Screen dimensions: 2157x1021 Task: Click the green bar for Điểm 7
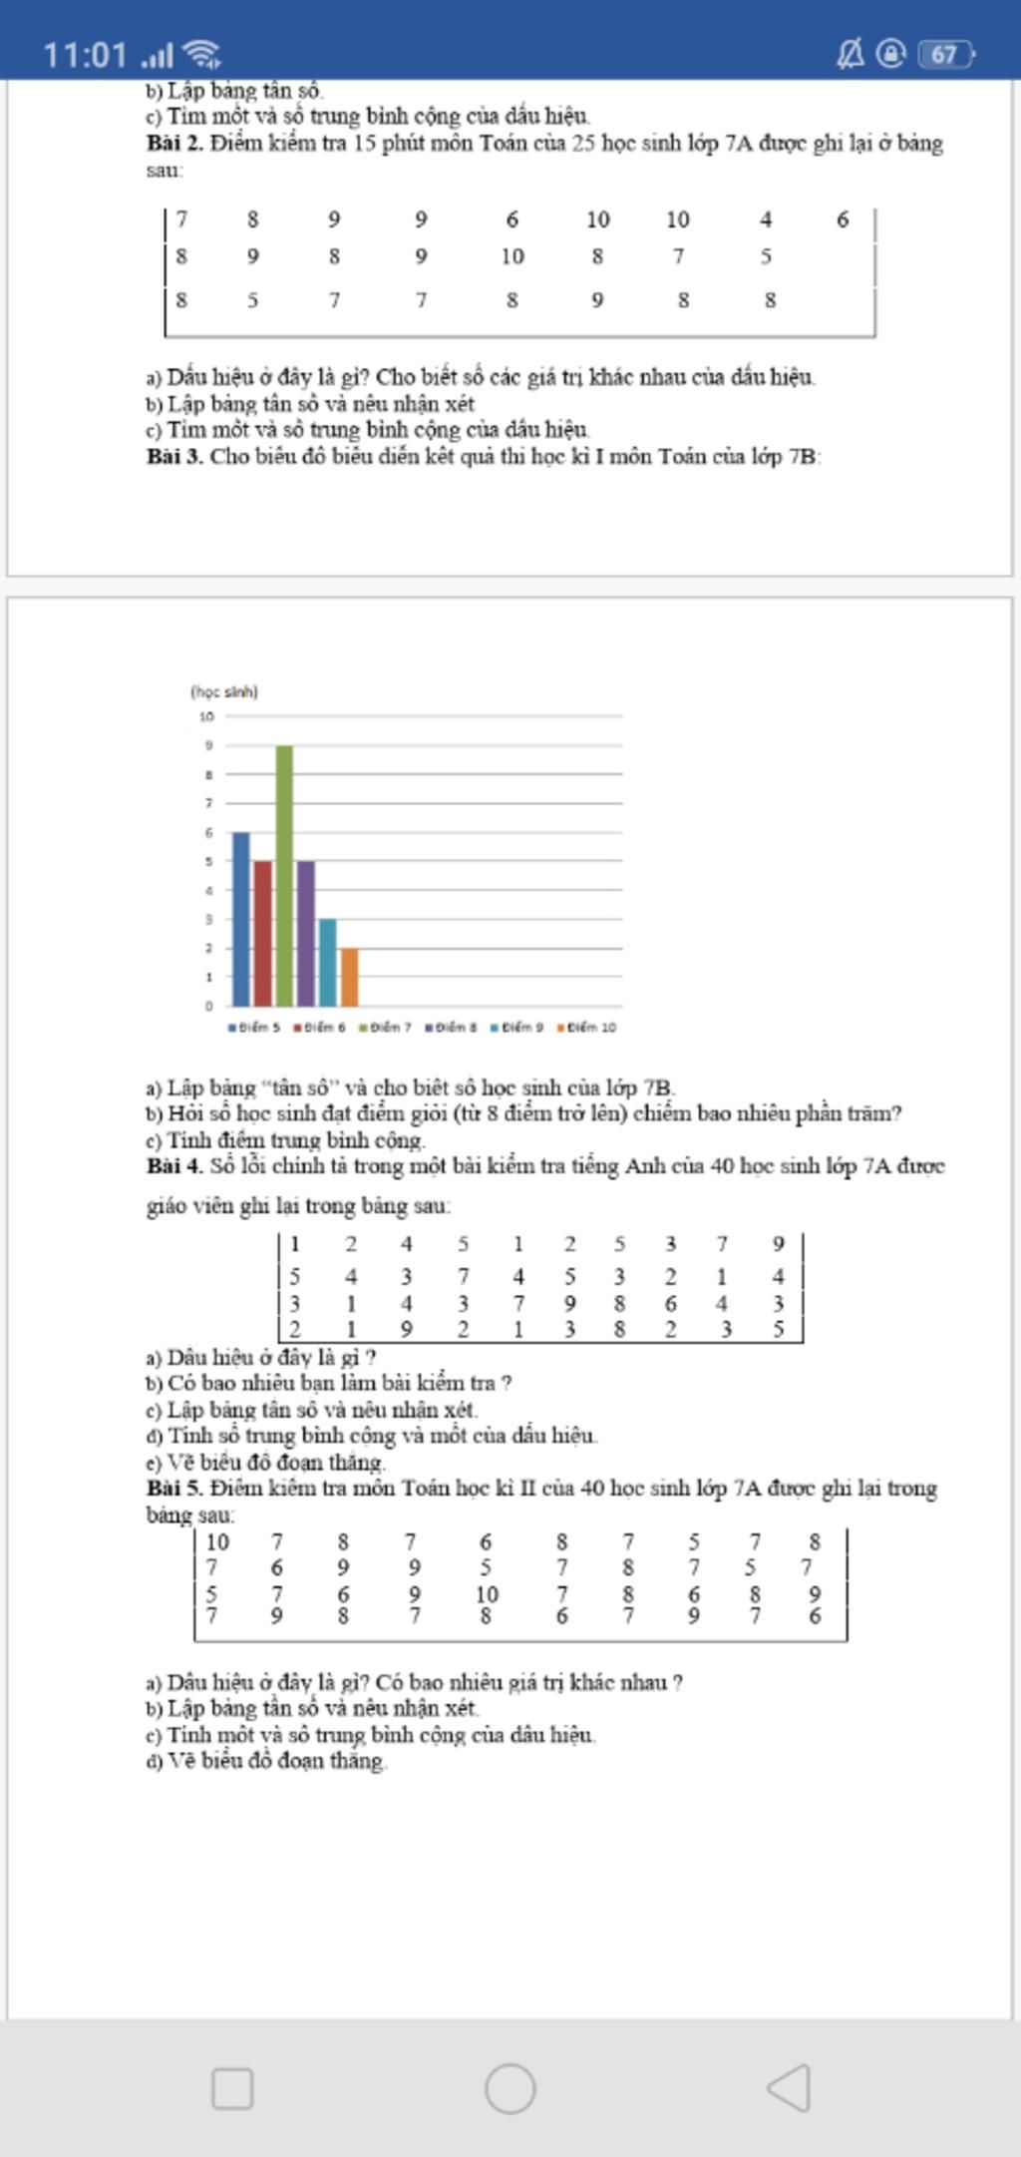[x=284, y=875]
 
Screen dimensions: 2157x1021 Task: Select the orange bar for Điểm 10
[x=349, y=977]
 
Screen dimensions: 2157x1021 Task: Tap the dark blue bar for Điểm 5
[x=241, y=918]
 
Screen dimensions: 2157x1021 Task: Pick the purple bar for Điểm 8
[x=306, y=933]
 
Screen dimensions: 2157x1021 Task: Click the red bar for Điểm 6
[x=263, y=933]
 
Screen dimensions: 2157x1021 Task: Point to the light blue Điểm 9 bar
[x=328, y=962]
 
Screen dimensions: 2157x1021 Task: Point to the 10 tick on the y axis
[x=206, y=716]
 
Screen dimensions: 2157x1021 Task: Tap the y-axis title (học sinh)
[x=224, y=691]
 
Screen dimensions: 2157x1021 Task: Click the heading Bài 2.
[x=174, y=143]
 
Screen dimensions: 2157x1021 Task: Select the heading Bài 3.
[x=174, y=457]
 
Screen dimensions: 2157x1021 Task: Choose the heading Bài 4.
[x=174, y=1165]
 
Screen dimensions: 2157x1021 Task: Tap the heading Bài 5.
[x=174, y=1488]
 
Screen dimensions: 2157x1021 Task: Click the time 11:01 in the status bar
[x=85, y=54]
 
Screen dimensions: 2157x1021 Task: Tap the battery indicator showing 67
[x=945, y=54]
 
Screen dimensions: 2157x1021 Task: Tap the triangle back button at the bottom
[x=789, y=2087]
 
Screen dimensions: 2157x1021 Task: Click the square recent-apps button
[x=232, y=2088]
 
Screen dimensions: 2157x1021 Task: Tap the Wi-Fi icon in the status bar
[x=203, y=54]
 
